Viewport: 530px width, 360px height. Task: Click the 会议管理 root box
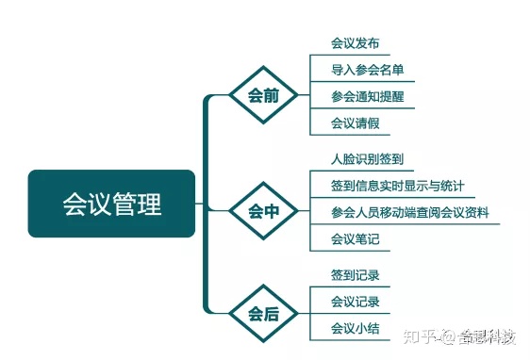pyautogui.click(x=111, y=204)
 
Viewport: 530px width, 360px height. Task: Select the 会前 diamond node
pyautogui.click(x=263, y=96)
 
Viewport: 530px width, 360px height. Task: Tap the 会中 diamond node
pyautogui.click(x=263, y=211)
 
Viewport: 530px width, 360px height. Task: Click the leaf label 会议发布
pyautogui.click(x=356, y=43)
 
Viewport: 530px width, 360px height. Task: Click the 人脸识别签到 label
pyautogui.click(x=368, y=159)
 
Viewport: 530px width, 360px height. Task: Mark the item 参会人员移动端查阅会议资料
pyautogui.click(x=410, y=213)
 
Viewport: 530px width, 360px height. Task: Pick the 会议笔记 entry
pyautogui.click(x=356, y=239)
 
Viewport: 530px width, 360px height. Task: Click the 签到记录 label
pyautogui.click(x=356, y=275)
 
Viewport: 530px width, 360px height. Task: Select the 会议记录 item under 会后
pyautogui.click(x=356, y=302)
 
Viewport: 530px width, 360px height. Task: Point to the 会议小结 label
pyautogui.click(x=356, y=328)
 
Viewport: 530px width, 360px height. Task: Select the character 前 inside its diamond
pyautogui.click(x=273, y=96)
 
